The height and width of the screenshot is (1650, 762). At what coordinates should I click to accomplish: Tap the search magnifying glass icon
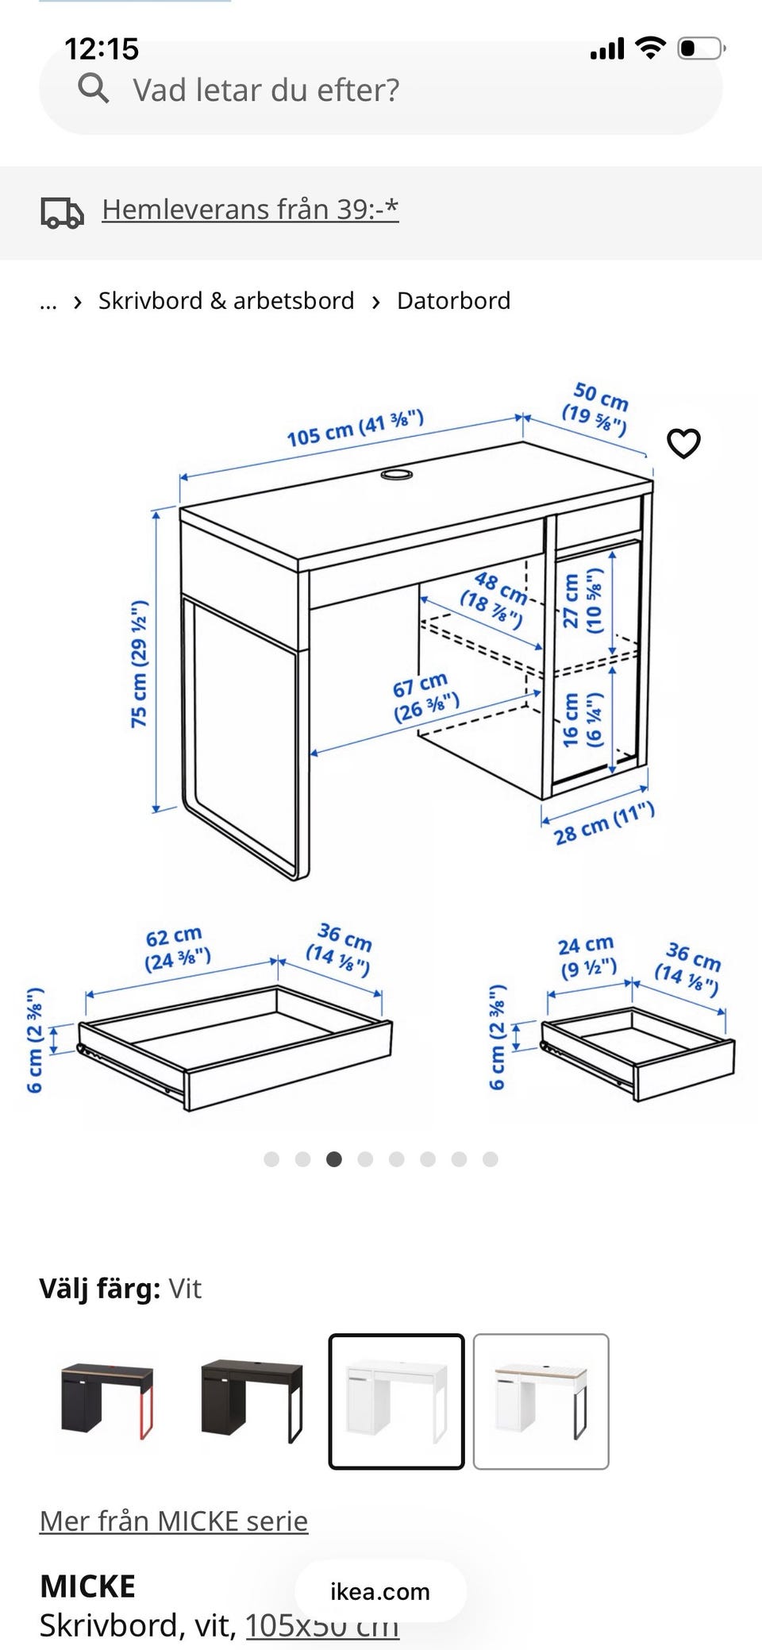click(x=93, y=89)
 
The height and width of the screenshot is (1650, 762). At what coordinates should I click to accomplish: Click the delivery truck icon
click(x=62, y=212)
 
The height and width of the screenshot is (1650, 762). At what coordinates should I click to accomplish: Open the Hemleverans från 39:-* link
click(x=250, y=210)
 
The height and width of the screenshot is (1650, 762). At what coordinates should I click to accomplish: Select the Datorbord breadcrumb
click(x=453, y=301)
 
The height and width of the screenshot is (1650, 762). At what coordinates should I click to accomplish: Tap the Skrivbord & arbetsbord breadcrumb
click(x=226, y=301)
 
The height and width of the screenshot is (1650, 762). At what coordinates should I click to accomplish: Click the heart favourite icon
click(x=683, y=443)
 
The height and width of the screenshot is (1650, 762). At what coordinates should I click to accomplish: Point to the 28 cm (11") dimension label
click(x=604, y=823)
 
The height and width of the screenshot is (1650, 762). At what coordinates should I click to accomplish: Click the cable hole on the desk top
click(x=397, y=475)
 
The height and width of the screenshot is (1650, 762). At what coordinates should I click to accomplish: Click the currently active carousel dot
click(x=334, y=1159)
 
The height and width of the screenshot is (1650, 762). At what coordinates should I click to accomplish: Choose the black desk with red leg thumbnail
click(x=107, y=1401)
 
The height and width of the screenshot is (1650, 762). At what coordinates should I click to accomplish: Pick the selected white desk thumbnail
click(x=396, y=1401)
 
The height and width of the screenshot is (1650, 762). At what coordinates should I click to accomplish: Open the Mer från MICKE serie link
click(x=174, y=1521)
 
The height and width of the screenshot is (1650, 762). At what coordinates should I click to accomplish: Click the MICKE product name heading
click(x=87, y=1586)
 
